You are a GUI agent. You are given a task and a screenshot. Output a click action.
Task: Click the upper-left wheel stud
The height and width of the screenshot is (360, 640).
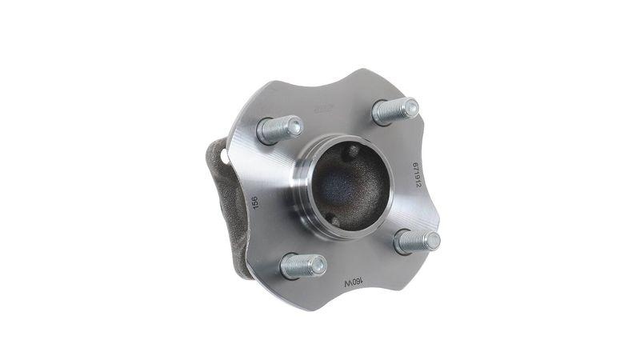[278, 129]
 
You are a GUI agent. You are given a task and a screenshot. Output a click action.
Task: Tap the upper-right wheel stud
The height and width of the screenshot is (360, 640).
[394, 110]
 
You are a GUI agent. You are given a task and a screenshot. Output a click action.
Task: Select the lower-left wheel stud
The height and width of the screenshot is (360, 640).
[302, 266]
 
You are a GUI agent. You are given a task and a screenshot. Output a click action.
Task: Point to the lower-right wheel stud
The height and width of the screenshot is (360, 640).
[417, 240]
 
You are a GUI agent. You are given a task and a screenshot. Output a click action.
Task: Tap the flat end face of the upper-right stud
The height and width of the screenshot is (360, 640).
[410, 106]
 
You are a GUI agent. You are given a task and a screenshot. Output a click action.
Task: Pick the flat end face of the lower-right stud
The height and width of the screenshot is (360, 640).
[432, 239]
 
